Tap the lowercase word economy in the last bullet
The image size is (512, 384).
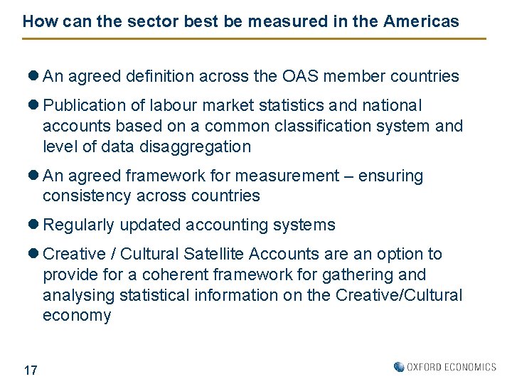coord(77,315)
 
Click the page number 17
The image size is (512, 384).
coord(31,370)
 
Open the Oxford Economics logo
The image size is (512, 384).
coord(445,367)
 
